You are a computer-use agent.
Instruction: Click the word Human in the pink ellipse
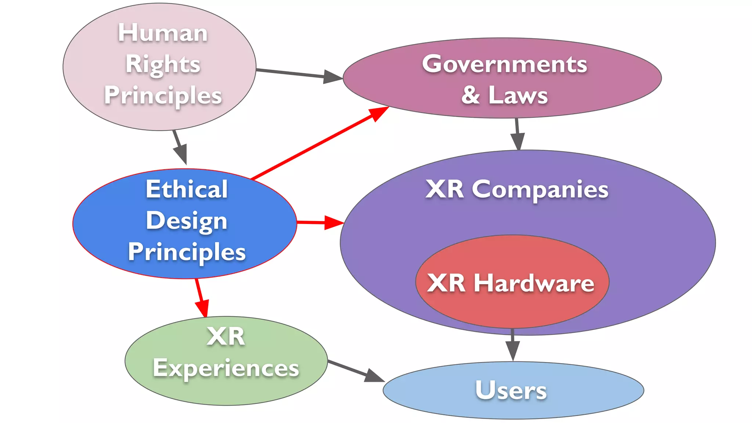pos(163,33)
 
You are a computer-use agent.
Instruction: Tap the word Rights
pos(163,64)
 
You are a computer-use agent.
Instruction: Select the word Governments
pos(505,64)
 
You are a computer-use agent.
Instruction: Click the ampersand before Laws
pos(471,95)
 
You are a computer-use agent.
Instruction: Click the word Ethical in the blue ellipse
pos(187,189)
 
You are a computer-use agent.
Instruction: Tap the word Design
pos(187,221)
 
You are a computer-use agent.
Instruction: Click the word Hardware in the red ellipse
pos(534,283)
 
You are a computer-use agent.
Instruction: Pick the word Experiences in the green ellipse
pos(226,368)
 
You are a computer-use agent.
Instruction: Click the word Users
pos(511,390)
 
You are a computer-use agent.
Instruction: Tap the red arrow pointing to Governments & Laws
pos(319,143)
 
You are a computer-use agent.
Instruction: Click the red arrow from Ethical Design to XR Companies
pos(319,223)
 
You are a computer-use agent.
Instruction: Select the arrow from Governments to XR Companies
pos(517,134)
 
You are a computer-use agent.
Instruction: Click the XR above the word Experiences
pos(225,336)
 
